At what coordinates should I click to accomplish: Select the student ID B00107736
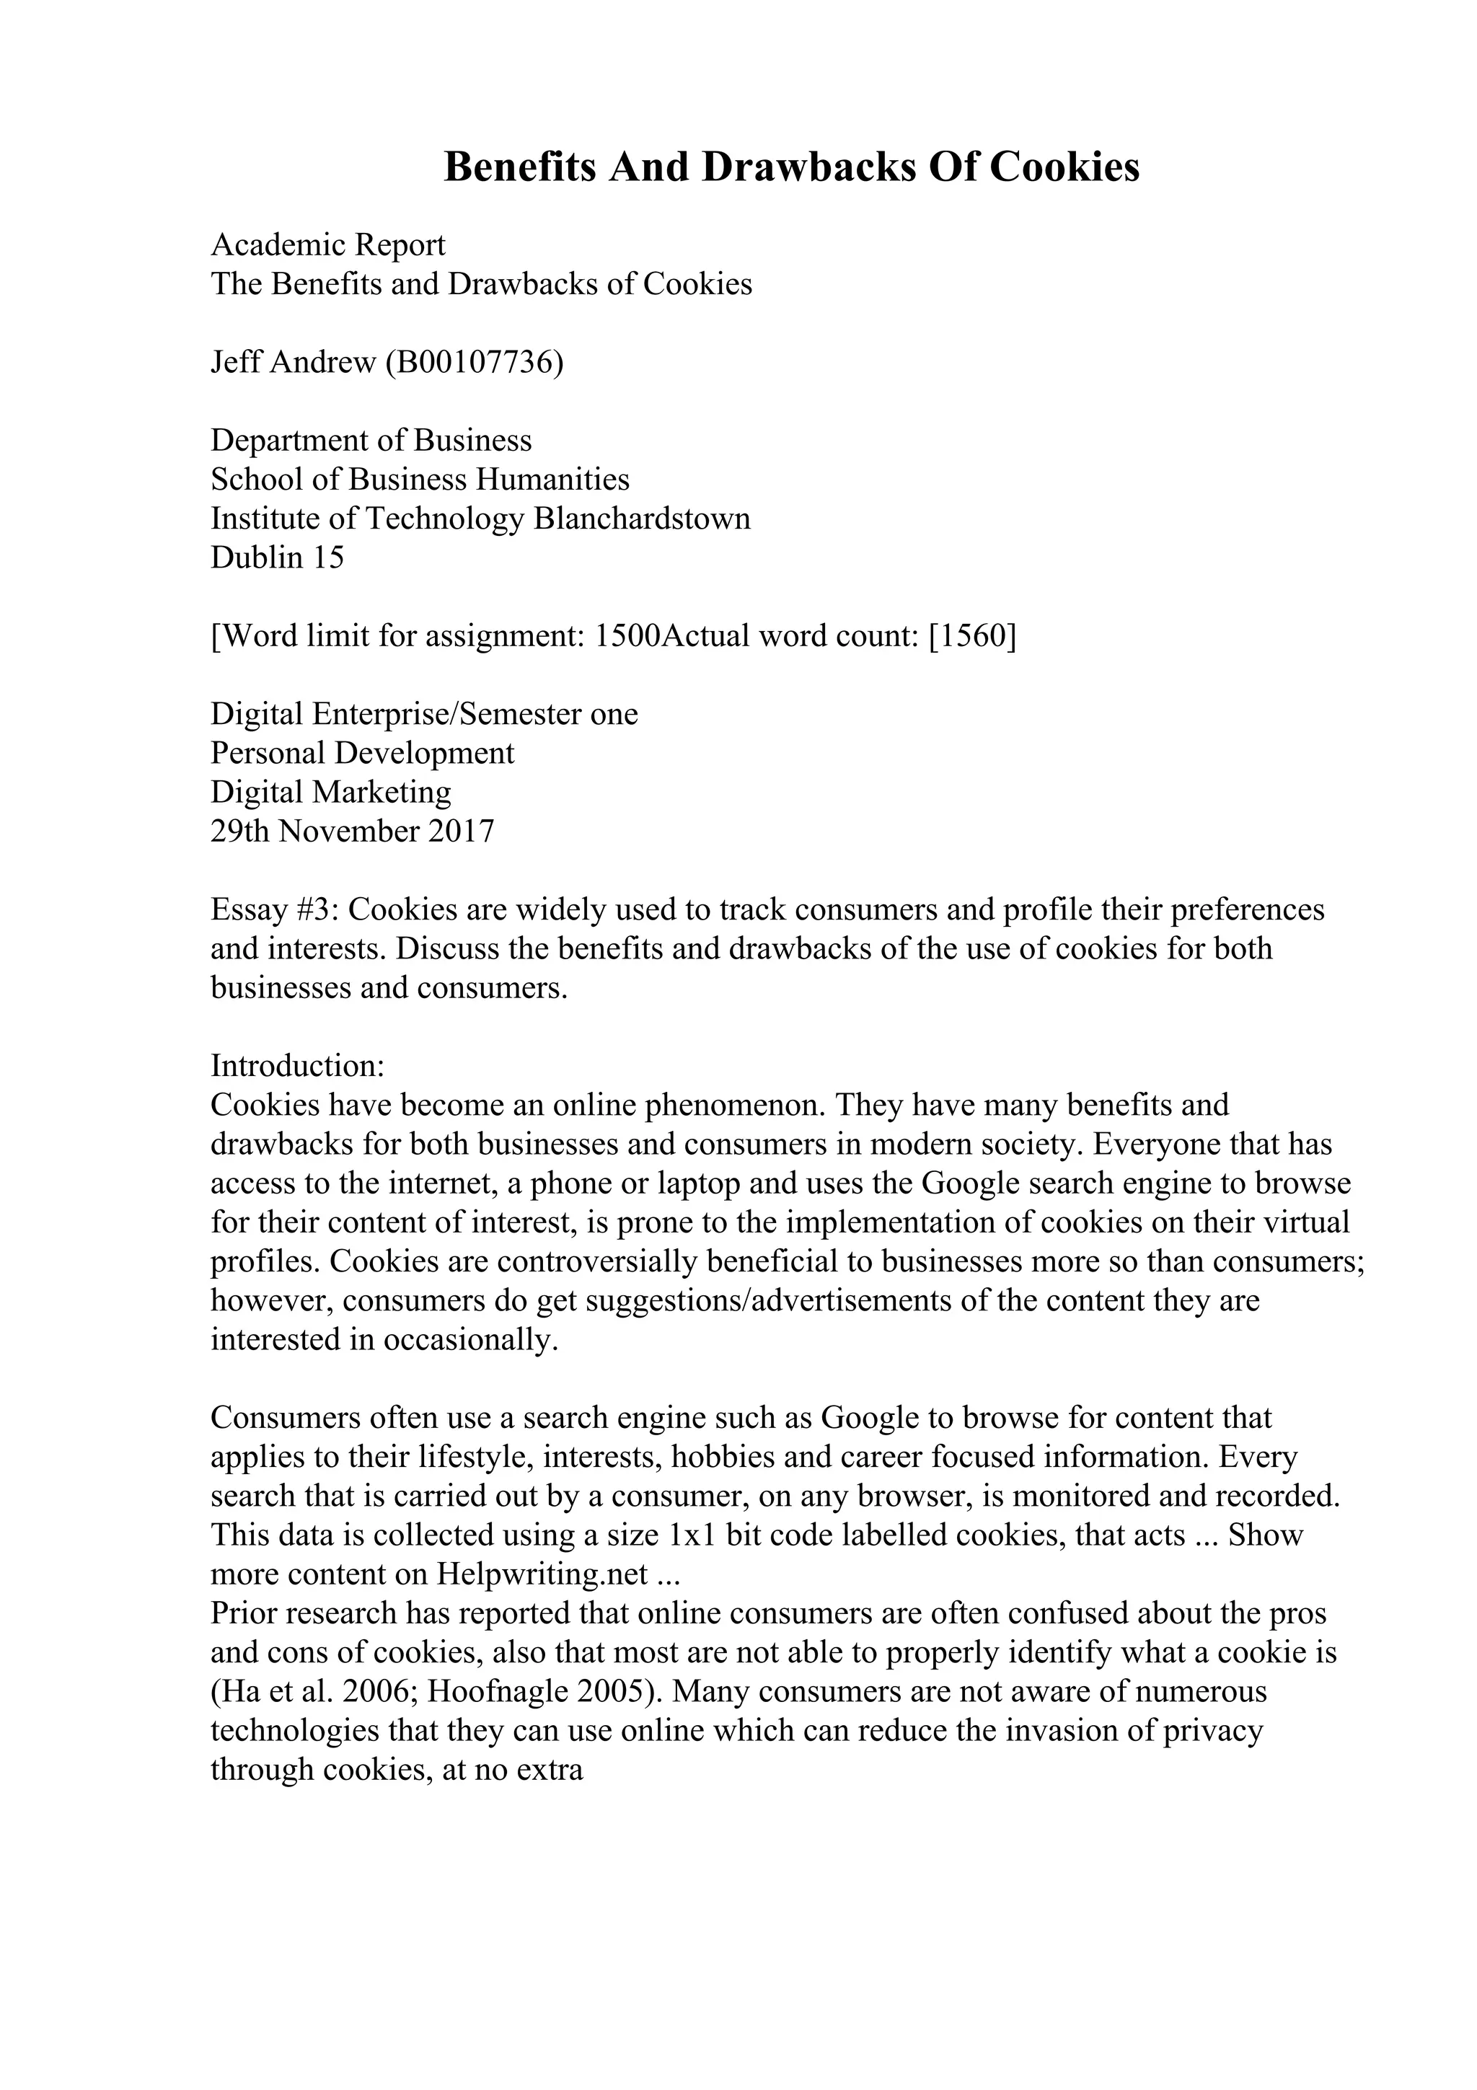(473, 362)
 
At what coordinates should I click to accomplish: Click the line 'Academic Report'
(329, 245)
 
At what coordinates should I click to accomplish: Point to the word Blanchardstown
(642, 519)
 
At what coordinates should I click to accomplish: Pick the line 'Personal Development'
(362, 754)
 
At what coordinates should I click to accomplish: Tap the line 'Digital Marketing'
(331, 793)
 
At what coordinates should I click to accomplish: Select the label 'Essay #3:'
(275, 910)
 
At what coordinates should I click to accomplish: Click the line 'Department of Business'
(371, 441)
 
